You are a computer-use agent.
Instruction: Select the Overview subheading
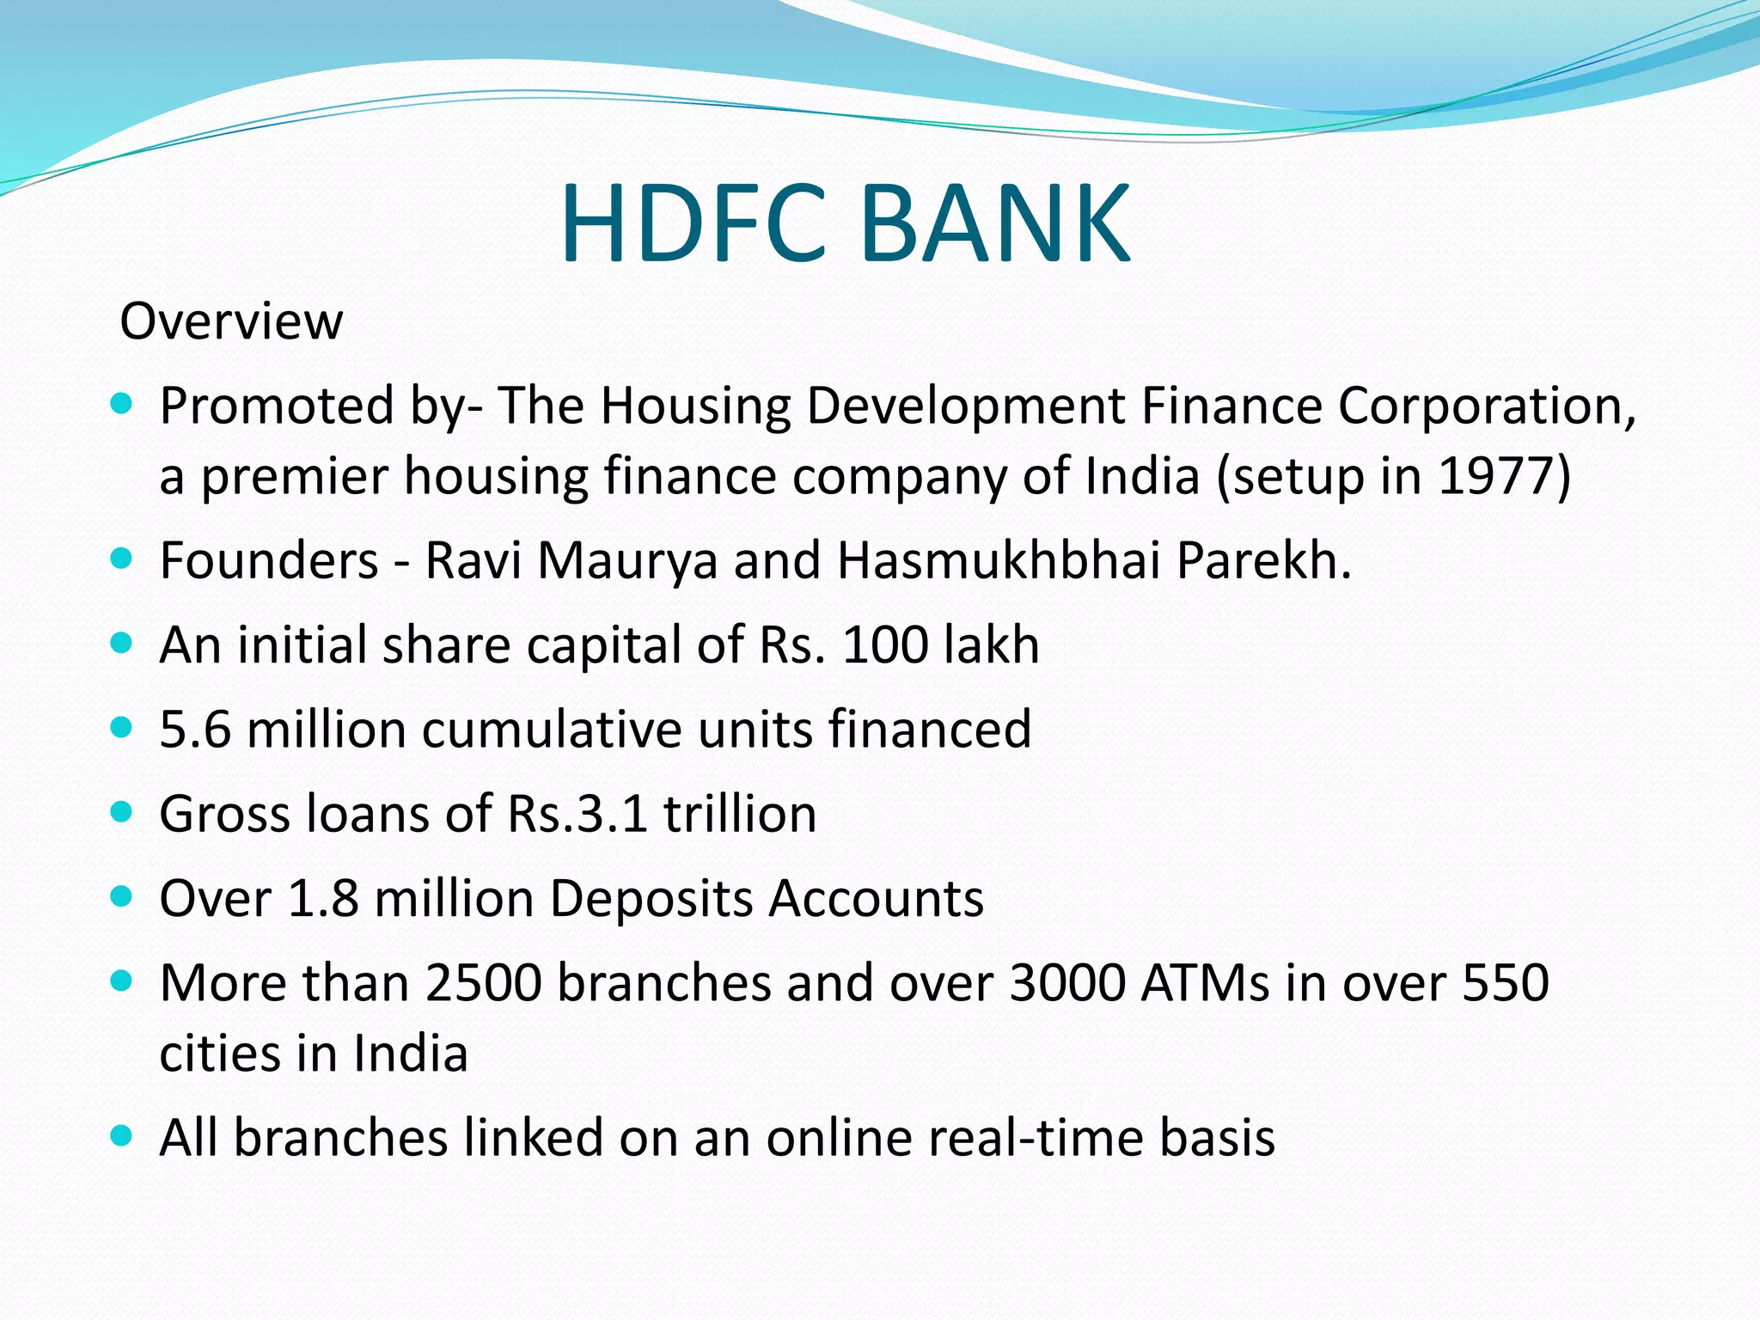231,321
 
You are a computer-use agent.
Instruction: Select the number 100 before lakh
885,645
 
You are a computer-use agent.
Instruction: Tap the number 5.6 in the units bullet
195,729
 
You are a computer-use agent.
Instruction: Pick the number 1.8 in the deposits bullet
323,898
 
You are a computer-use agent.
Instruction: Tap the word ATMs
1205,982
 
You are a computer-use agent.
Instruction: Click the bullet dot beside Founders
122,559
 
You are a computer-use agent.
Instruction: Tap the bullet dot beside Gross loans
122,812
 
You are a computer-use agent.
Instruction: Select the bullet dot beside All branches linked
122,1136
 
